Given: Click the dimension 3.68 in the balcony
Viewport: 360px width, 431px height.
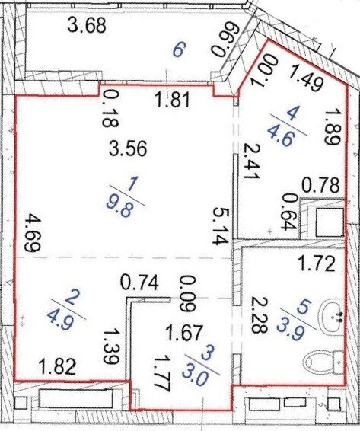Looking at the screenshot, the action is (x=86, y=27).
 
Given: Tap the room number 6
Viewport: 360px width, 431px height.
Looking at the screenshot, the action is (x=178, y=51).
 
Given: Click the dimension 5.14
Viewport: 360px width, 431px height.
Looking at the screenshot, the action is (x=221, y=225).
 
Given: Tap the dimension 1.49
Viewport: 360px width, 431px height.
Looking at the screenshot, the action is (x=306, y=78).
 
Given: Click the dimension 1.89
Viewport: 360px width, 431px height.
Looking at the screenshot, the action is (x=333, y=126).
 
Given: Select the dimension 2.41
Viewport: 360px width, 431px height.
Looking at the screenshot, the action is (x=250, y=161).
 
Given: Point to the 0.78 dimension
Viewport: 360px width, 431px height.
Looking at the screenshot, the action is (x=320, y=185).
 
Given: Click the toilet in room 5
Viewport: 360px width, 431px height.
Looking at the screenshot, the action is (x=324, y=362).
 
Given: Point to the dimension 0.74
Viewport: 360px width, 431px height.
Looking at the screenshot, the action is (x=140, y=283).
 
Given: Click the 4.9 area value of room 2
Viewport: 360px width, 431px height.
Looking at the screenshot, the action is (x=61, y=320).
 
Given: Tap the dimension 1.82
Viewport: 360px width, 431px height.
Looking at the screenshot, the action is (x=58, y=367).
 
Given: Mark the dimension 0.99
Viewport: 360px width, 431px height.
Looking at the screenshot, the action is (x=224, y=40).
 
